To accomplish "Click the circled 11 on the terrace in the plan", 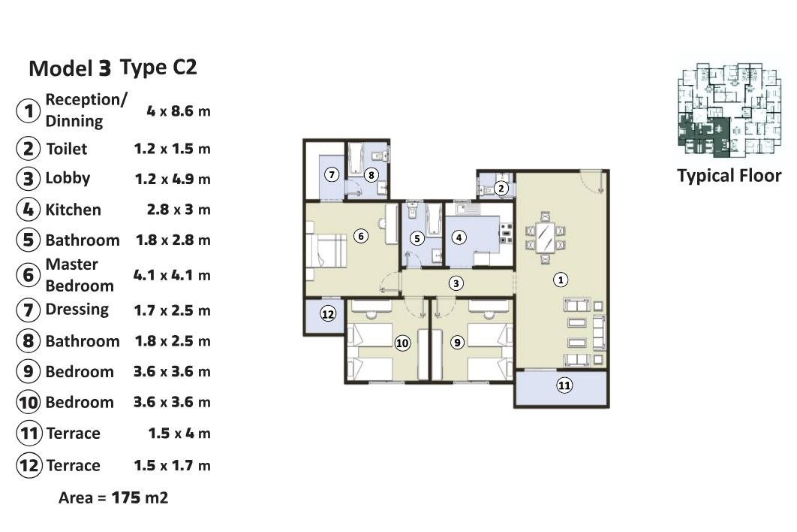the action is click(x=564, y=385).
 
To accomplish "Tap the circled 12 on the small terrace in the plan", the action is click(x=328, y=313).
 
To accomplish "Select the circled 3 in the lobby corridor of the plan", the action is click(x=456, y=283).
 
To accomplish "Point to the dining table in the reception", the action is click(x=545, y=237).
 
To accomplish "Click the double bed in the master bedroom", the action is click(x=326, y=250).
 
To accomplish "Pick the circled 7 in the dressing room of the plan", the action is click(x=332, y=175).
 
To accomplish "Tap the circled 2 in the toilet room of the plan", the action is click(x=501, y=189).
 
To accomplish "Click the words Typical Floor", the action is click(x=729, y=176).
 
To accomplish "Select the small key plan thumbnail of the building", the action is click(x=729, y=109).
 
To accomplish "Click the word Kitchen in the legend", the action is click(x=74, y=210).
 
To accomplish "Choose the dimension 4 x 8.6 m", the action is click(x=179, y=111).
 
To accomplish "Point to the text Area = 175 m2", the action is click(x=113, y=497).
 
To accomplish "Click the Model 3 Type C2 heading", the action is click(x=113, y=68).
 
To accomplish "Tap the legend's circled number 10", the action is click(x=29, y=402).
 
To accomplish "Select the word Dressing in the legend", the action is click(x=77, y=310).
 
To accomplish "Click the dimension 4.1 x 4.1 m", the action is click(x=172, y=276).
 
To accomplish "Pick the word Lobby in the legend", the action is click(x=68, y=178).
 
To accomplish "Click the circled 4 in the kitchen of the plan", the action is click(x=459, y=237).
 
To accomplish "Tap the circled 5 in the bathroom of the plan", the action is click(x=417, y=237).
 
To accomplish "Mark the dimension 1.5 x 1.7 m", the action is click(x=172, y=465).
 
